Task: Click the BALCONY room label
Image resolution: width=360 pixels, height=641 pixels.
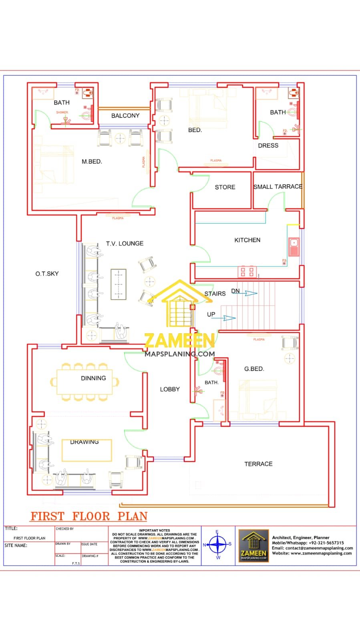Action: [125, 115]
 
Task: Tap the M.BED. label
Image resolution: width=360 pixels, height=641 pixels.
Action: [92, 161]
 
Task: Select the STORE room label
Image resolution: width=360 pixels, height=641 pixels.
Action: [225, 187]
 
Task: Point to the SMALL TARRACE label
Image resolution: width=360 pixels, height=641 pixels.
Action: [278, 187]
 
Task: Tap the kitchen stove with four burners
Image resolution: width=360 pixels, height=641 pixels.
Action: [247, 272]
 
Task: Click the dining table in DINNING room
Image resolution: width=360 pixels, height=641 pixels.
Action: [84, 382]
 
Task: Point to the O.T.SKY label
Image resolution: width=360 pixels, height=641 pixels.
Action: [47, 274]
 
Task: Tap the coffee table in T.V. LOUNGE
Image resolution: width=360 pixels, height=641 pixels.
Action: [119, 284]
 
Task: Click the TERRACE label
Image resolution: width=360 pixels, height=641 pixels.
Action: [258, 464]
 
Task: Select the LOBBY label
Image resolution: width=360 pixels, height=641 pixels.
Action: [170, 389]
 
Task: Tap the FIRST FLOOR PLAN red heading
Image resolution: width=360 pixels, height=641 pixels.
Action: [89, 516]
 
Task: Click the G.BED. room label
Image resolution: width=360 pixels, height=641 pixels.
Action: [254, 369]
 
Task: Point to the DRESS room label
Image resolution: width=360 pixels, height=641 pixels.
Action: [268, 145]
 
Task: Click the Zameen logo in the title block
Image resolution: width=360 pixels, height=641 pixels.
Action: [253, 545]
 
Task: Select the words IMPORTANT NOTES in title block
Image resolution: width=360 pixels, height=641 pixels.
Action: [155, 530]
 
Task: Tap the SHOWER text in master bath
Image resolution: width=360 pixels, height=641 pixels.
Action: [62, 113]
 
